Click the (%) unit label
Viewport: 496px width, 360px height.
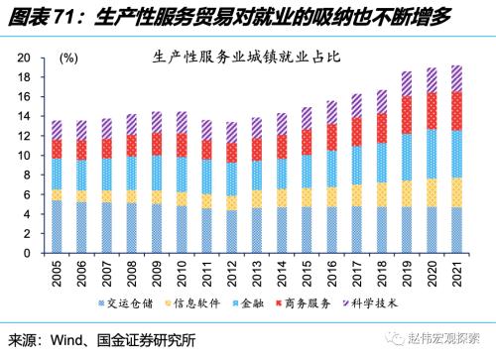(68, 59)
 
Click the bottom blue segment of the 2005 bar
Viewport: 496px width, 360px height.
(57, 225)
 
